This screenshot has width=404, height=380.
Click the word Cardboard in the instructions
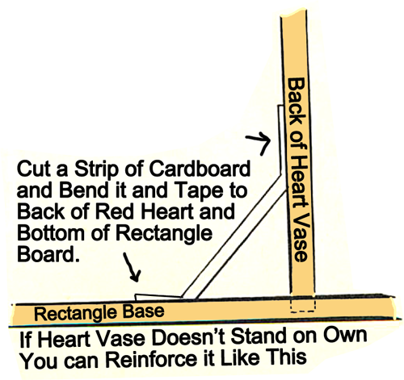[200, 169]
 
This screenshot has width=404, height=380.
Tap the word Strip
[96, 170]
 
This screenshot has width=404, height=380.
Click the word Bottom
[51, 233]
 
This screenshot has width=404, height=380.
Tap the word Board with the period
[48, 254]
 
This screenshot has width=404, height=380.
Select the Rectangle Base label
[99, 312]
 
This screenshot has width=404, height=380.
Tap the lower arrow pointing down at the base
[133, 267]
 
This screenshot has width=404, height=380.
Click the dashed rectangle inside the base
[303, 304]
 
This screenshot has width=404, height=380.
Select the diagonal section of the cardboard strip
[234, 236]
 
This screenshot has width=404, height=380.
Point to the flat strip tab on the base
[158, 297]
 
